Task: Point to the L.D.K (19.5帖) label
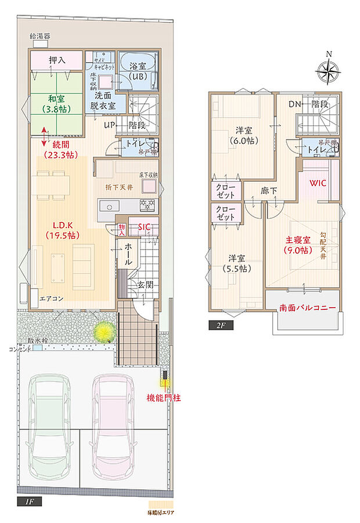pos(62,230)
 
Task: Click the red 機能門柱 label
pos(163,399)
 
